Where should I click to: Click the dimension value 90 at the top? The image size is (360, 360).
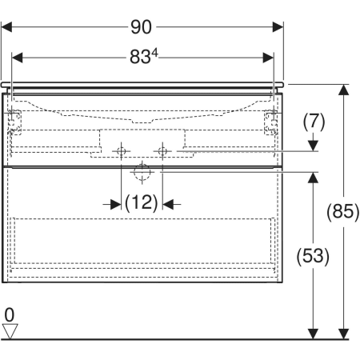141,27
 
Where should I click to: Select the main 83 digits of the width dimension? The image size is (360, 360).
139,57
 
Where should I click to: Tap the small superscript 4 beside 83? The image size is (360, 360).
154,54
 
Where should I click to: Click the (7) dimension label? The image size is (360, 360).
314,122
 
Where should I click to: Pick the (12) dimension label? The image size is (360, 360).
142,202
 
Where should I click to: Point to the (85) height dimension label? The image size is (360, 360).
343,211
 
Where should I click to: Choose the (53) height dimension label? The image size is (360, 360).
313,256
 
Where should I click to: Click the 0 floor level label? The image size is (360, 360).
10,314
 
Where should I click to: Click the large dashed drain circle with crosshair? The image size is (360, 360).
142,172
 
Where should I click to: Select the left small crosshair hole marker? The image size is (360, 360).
122,151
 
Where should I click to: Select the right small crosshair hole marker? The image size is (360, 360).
162,151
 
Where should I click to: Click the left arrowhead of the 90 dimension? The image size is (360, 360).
6,27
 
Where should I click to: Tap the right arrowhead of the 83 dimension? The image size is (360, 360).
268,58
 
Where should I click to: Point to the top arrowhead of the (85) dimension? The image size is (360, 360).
343,90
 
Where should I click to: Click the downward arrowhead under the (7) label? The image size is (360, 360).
313,146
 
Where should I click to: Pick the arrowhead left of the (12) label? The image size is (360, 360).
116,205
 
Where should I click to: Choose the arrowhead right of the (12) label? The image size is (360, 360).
168,205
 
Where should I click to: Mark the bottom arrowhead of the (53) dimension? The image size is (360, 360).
313,334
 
